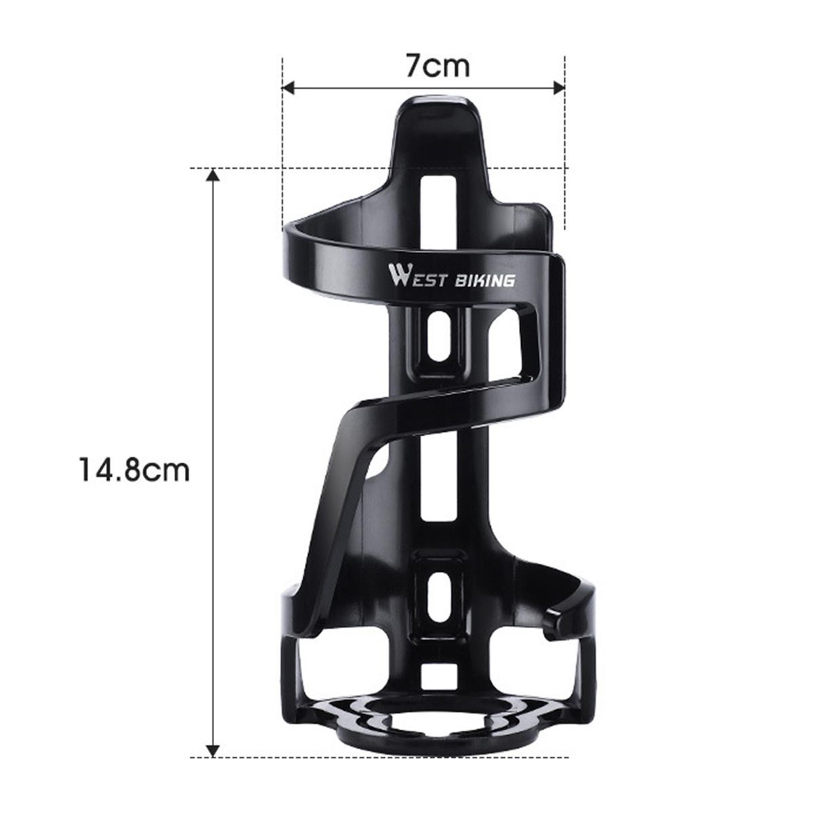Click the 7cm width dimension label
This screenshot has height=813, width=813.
tap(438, 66)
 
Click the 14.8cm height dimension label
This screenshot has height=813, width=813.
tap(135, 470)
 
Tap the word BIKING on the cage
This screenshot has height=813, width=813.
tap(484, 280)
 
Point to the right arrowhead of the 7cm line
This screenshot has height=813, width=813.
tap(558, 88)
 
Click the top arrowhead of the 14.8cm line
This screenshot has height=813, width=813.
tap(213, 175)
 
